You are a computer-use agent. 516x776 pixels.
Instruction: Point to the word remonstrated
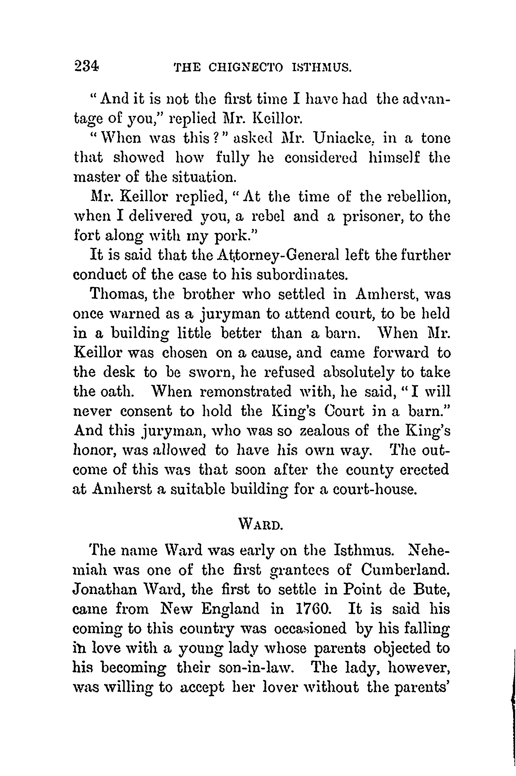[x=246, y=392]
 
